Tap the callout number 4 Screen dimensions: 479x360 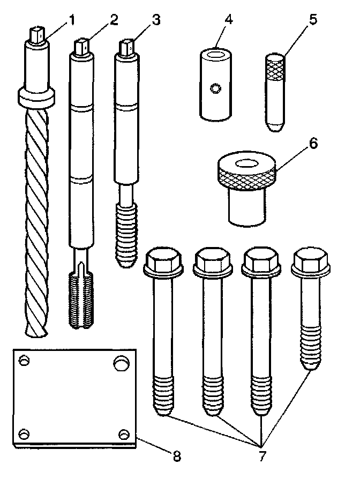tap(229, 21)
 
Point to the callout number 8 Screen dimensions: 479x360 tap(177, 456)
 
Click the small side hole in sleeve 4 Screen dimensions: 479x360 tap(215, 87)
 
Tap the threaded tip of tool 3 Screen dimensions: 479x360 tap(127, 238)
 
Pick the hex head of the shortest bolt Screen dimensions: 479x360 tap(306, 261)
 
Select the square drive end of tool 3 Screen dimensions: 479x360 tap(128, 47)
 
